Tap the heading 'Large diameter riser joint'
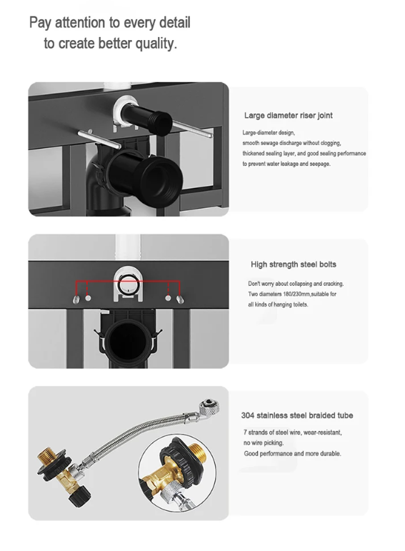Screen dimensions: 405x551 pyautogui.click(x=289, y=116)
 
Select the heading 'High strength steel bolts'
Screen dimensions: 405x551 pyautogui.click(x=294, y=264)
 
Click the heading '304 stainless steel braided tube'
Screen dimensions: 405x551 pyautogui.click(x=297, y=415)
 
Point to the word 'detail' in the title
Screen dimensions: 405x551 pyautogui.click(x=174, y=22)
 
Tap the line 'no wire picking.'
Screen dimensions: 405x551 pyautogui.click(x=264, y=443)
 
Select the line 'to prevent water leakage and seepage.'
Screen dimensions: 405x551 pyautogui.click(x=286, y=164)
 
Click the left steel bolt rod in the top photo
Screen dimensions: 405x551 pyautogui.click(x=99, y=139)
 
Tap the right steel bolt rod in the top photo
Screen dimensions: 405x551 pyautogui.click(x=191, y=128)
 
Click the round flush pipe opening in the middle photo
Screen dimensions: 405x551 pyautogui.click(x=128, y=284)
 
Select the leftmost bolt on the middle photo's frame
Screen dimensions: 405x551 pyautogui.click(x=76, y=299)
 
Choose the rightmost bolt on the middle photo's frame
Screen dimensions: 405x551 pyautogui.click(x=181, y=299)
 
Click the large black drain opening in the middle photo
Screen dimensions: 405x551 pyautogui.click(x=128, y=341)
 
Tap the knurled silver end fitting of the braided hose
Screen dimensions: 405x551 pyautogui.click(x=210, y=407)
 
